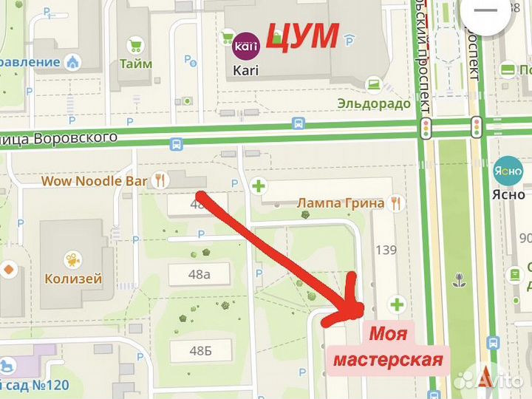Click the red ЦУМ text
click(302, 35)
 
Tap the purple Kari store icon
click(244, 46)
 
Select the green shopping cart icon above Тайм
click(135, 46)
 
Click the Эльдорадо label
click(373, 103)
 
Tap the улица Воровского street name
click(59, 138)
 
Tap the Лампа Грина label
click(341, 202)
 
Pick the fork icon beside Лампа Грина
click(396, 202)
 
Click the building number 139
click(386, 250)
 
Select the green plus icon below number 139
click(398, 304)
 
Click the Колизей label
click(73, 279)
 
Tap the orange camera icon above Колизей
click(72, 259)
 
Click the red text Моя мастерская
click(388, 347)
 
